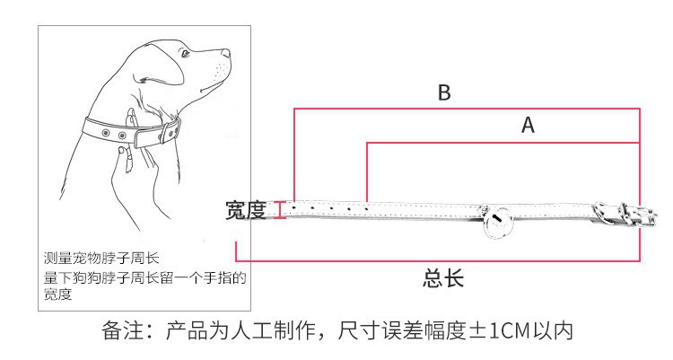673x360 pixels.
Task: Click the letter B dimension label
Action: point(444,92)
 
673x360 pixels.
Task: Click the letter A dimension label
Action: point(528,126)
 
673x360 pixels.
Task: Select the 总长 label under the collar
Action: point(443,278)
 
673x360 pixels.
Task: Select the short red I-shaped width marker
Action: point(280,209)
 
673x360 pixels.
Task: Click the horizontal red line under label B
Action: point(467,110)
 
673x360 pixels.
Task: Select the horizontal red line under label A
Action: point(503,144)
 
